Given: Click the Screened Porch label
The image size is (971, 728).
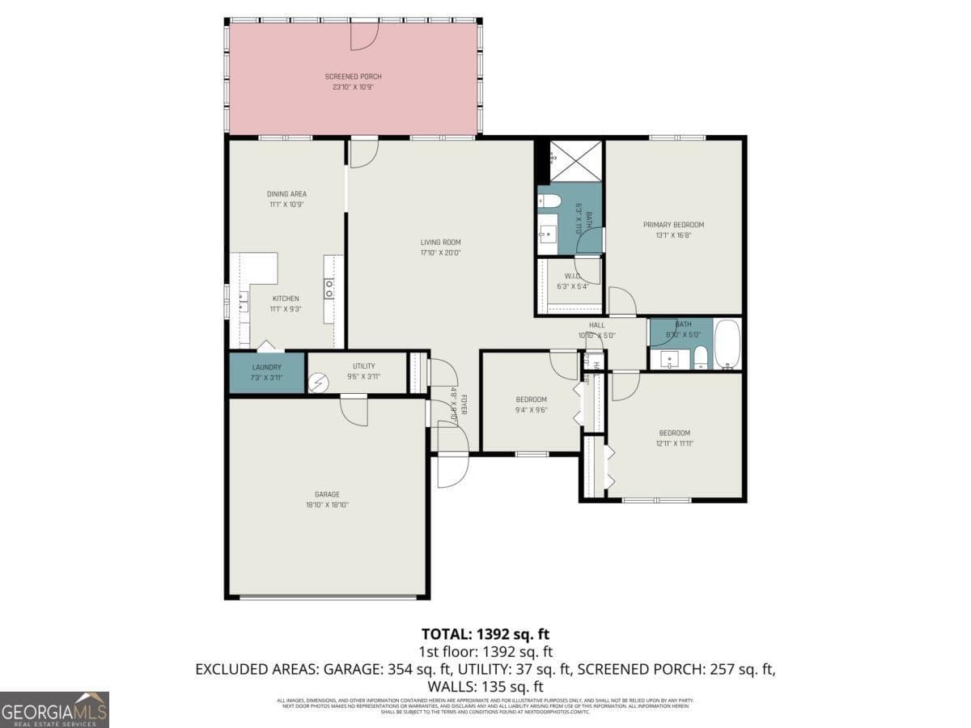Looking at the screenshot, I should click(x=353, y=77).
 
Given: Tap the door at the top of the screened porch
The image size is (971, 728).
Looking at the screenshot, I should click(x=363, y=36).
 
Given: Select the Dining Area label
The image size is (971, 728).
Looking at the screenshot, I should click(x=286, y=194).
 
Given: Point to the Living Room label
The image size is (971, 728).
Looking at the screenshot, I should click(x=440, y=242).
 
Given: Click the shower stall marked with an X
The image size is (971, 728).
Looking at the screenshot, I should click(x=575, y=160).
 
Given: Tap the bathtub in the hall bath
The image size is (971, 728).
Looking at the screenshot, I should click(x=727, y=344).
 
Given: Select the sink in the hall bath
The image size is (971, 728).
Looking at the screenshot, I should click(x=668, y=359).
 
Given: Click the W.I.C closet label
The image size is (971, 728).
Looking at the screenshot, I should click(x=570, y=276).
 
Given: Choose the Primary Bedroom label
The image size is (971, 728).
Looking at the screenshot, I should click(x=673, y=225).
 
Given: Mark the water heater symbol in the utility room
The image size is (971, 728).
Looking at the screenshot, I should click(x=320, y=382).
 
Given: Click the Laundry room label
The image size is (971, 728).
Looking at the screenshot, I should click(x=266, y=366).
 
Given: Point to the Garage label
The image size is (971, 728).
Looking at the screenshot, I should click(x=327, y=494).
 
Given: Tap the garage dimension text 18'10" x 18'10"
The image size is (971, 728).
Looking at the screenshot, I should click(x=327, y=505).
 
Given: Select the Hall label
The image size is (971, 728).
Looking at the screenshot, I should click(x=597, y=325).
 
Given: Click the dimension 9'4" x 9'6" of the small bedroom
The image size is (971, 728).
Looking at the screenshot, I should click(x=532, y=409).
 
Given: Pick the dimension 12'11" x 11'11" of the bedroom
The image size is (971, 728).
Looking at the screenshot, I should click(x=675, y=442).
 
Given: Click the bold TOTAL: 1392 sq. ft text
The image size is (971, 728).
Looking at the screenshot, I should click(x=485, y=633).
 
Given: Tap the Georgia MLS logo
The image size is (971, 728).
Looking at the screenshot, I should click(x=54, y=709).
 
